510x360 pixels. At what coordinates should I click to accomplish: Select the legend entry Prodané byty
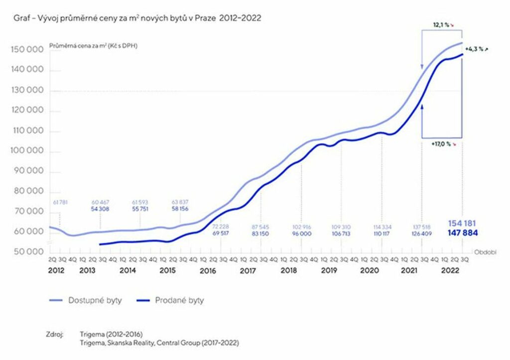[179, 300]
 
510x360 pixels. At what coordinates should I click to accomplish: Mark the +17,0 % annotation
[442, 143]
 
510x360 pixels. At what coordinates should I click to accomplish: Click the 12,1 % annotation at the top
[442, 24]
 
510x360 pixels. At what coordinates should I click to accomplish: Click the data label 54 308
[100, 209]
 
